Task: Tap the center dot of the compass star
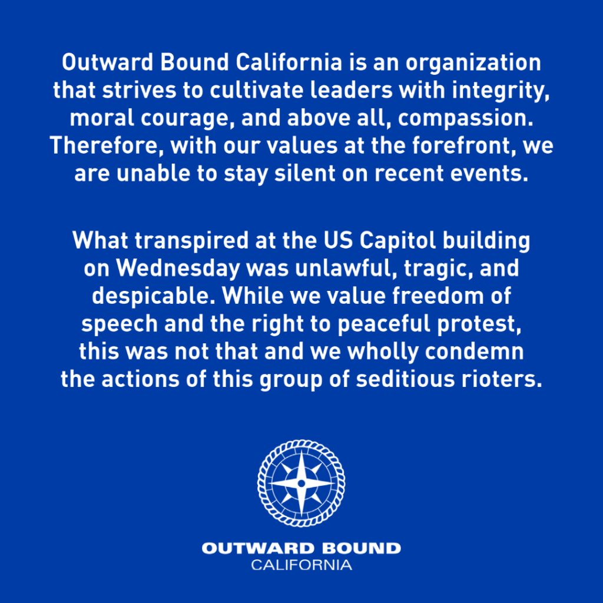point(301,483)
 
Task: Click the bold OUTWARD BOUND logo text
point(301,548)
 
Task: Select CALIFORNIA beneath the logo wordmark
point(301,565)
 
